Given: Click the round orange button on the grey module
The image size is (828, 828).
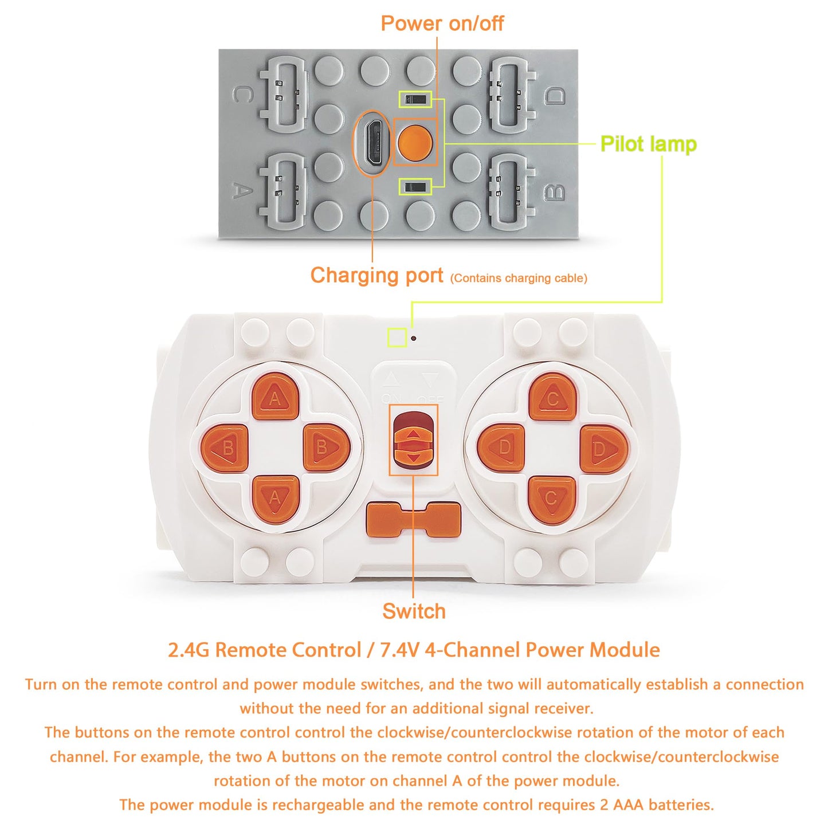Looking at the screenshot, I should (414, 143).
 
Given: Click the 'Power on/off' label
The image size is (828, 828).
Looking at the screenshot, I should (442, 23).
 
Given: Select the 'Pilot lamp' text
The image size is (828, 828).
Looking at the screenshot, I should (648, 144).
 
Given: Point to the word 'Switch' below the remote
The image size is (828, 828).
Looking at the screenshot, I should (414, 611).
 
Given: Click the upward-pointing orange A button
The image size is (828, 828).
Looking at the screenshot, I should (275, 397).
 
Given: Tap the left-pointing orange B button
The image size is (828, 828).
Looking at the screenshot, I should (225, 448).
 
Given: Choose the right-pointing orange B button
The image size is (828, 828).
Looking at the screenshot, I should (325, 448).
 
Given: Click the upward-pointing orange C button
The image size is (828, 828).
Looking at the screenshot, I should (552, 397).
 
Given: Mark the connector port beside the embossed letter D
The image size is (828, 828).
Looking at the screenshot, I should (512, 95).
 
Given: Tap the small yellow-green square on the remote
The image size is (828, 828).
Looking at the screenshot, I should (397, 338).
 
